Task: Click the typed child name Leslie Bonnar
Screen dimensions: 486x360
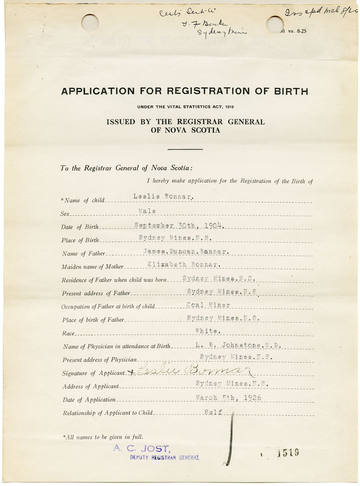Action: coord(163,197)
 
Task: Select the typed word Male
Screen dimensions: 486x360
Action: coord(147,211)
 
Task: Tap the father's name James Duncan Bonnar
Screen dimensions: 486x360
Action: coord(186,252)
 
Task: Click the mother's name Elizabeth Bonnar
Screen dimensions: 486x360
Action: coord(184,265)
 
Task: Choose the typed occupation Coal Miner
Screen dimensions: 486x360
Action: coord(208,305)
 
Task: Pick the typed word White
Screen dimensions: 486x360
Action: coord(208,331)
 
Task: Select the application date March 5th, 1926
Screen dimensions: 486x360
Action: coord(228,398)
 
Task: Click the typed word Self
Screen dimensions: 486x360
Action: coord(213,412)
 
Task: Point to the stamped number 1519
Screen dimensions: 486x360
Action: coord(288,453)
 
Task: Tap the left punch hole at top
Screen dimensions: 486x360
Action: coord(90,23)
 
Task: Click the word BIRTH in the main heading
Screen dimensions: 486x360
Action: coord(291,91)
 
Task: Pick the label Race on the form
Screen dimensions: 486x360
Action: coord(68,333)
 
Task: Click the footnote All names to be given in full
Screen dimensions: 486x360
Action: coord(103,437)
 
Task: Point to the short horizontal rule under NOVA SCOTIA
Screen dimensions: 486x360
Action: coord(185,149)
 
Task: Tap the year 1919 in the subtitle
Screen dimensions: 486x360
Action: coord(229,107)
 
